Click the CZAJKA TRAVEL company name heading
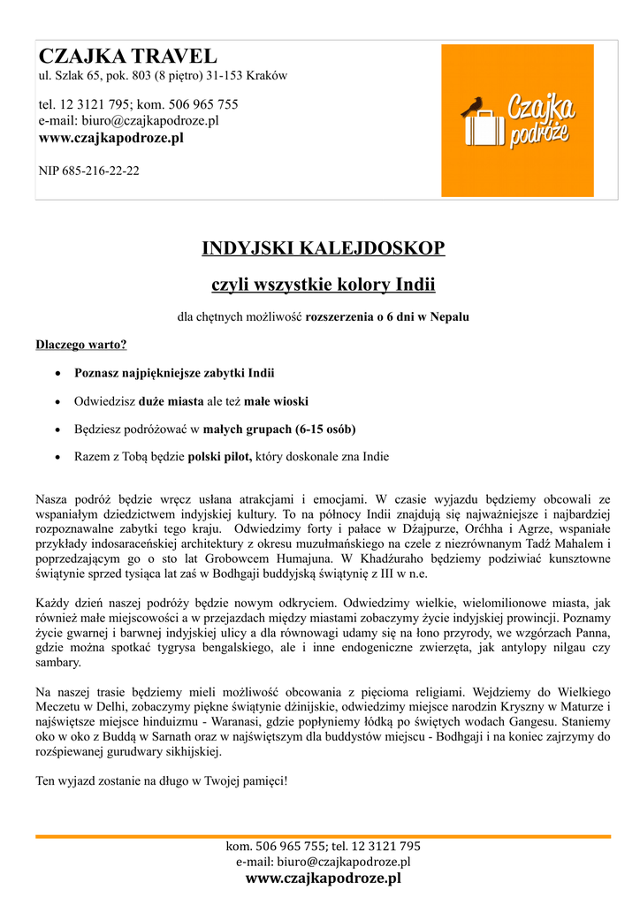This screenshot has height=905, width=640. (x=127, y=57)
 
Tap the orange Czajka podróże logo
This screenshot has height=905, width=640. (x=517, y=120)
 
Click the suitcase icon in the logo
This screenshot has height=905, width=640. (x=482, y=130)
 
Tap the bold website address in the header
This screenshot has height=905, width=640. (x=111, y=138)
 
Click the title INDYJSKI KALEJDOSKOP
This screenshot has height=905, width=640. (x=324, y=247)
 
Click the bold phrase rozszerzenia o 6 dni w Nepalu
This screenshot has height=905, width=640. (x=387, y=316)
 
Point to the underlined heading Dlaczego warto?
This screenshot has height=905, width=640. (x=81, y=345)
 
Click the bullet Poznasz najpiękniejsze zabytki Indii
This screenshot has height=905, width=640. (x=174, y=373)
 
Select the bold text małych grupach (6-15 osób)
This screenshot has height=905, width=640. (x=279, y=430)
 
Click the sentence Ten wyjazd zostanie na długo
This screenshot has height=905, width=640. (x=161, y=781)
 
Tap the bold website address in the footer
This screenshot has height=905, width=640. (x=323, y=878)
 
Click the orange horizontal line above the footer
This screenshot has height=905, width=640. (x=323, y=836)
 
